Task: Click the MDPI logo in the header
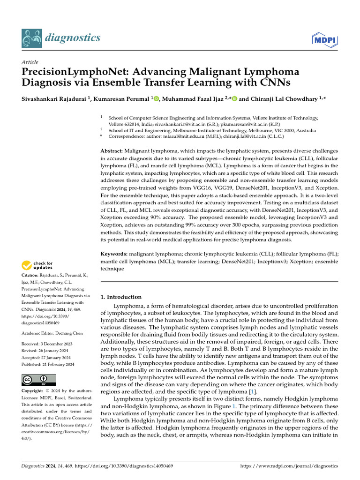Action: (x=325, y=40)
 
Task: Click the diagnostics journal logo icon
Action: (x=31, y=38)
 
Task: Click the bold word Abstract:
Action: (x=112, y=151)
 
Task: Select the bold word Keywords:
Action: (x=114, y=254)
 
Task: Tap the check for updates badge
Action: (x=37, y=266)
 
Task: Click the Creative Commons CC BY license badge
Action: (x=38, y=380)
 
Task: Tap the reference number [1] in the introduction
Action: (x=253, y=391)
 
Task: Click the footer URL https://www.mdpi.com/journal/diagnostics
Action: (x=289, y=466)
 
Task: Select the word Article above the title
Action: (x=30, y=62)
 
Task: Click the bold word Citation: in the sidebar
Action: (x=31, y=275)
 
